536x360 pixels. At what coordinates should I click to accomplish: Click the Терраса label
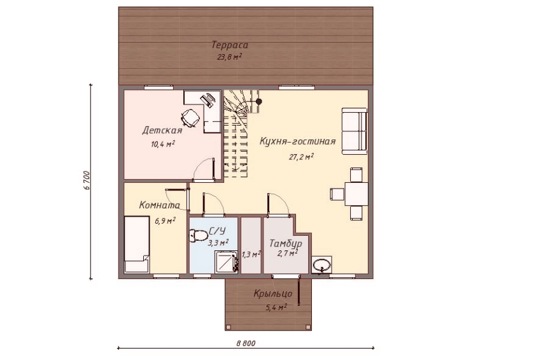230,45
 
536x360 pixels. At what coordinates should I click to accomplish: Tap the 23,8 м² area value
229,57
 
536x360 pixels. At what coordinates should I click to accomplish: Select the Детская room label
162,131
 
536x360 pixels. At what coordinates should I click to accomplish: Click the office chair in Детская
190,117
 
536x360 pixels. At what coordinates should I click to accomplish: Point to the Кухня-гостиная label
297,141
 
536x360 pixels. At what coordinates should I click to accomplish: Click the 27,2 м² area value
302,157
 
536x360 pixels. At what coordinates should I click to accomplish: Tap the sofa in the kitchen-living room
355,131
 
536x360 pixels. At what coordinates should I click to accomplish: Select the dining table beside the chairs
356,194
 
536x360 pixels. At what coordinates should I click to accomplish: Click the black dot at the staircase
259,102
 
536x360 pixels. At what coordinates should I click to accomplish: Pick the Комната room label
160,205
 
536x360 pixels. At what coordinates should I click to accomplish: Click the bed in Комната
137,244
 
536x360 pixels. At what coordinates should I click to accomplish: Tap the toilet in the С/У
198,236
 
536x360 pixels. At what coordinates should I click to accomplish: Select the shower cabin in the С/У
226,262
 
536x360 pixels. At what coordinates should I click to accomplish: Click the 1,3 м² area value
251,254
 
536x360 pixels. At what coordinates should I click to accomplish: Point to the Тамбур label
286,243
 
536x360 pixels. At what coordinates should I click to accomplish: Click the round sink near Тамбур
321,265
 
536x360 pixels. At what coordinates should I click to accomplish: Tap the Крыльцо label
273,294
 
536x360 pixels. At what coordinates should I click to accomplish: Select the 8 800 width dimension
246,343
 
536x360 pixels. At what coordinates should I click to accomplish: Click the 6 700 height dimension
86,180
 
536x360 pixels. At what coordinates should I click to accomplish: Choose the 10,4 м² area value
163,144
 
